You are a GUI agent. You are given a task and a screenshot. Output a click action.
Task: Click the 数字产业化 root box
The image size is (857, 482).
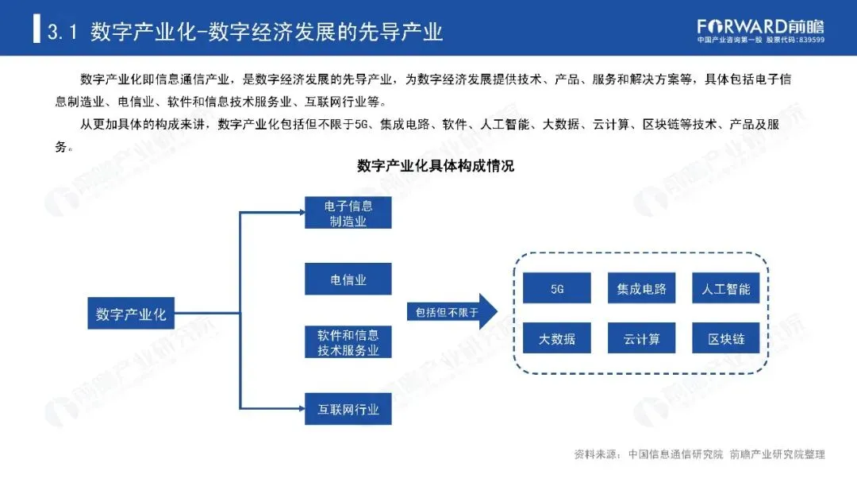point(131,314)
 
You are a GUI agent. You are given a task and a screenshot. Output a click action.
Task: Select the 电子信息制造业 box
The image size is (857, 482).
point(348,213)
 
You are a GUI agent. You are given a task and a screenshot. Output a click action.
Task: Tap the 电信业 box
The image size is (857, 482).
point(348,280)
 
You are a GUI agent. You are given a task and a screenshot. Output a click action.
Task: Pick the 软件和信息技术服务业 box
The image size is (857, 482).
point(348,342)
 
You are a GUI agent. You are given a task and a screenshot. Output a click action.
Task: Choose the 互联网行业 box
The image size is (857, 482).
point(348,410)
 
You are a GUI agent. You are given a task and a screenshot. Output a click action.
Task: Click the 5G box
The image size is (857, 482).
point(556,288)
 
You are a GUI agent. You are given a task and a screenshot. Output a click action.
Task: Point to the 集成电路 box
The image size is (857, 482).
point(641,288)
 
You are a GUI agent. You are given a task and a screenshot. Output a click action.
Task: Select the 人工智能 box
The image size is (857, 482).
point(726,288)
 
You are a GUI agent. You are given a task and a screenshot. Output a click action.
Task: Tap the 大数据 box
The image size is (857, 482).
point(556,340)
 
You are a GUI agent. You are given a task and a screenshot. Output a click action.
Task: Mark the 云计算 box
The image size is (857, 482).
point(641,340)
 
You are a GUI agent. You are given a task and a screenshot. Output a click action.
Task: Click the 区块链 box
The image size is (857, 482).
point(726,340)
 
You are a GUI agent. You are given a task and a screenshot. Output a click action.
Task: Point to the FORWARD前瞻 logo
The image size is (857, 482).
point(760,25)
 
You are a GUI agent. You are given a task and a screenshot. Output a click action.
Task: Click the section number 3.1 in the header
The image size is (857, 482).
point(62,32)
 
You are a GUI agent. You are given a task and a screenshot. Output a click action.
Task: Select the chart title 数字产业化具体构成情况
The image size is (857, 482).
point(436,166)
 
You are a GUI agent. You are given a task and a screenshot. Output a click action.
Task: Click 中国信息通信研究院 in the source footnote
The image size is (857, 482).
point(675,454)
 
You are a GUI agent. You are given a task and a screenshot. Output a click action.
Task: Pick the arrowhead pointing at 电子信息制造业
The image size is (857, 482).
point(300,212)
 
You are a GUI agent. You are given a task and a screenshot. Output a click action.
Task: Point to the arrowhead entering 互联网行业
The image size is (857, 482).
point(300,410)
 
